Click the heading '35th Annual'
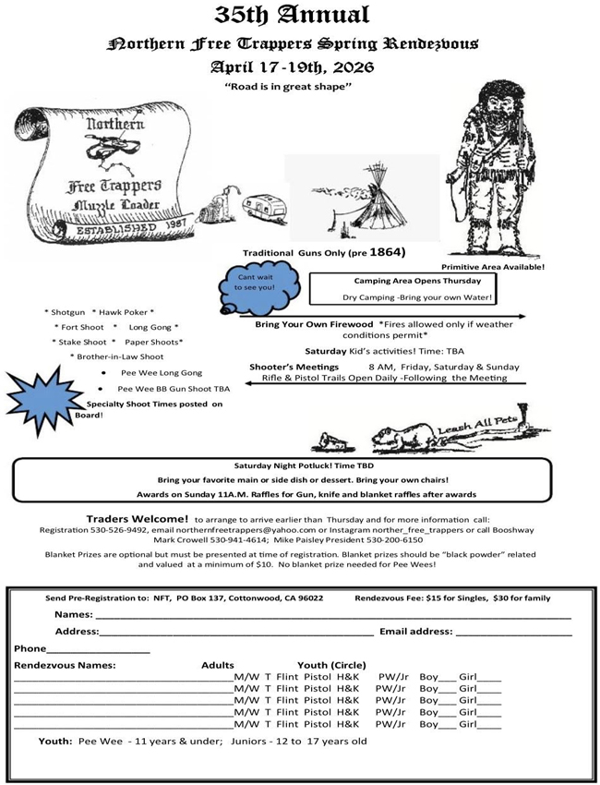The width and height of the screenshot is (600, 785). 292,15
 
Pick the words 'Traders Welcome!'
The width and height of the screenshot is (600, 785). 138,519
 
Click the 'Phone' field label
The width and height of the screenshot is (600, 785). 30,648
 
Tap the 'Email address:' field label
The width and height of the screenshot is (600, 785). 415,632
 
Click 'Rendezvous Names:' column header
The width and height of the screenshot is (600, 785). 66,665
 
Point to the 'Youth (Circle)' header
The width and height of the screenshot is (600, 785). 331,665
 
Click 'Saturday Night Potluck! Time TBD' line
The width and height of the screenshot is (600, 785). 291,465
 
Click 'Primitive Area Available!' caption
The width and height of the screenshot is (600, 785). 493,267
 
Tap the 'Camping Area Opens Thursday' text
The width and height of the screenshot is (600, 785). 417,280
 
